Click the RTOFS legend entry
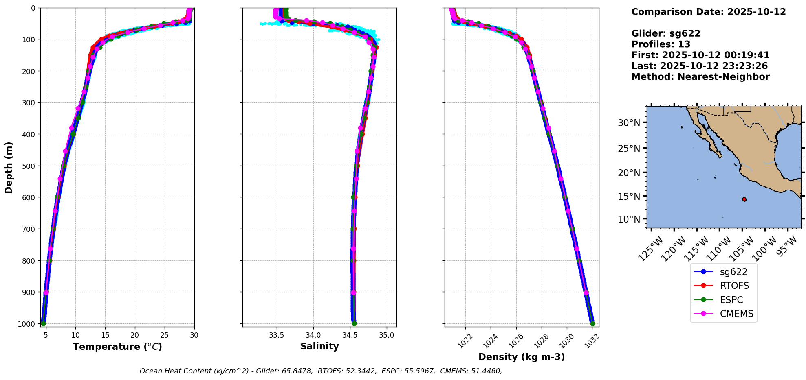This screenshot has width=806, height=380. click(734, 286)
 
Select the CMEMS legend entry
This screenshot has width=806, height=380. click(736, 314)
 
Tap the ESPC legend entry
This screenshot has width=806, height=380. click(731, 300)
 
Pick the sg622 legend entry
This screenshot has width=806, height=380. click(733, 272)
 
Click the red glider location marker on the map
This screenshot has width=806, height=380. click(744, 199)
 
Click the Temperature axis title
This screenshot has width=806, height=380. click(117, 347)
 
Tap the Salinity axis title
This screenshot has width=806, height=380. click(319, 346)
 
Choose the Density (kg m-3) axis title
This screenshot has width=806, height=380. click(522, 357)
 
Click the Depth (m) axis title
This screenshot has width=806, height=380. click(9, 167)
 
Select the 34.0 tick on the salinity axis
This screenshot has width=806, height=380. click(313, 335)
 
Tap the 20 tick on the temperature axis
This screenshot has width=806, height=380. click(135, 335)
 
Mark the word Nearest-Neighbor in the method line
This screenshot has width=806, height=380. click(723, 77)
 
